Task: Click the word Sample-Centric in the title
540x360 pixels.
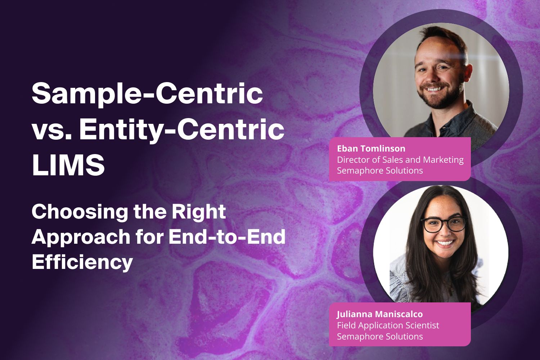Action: [x=147, y=93]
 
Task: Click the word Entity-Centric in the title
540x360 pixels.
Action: [x=182, y=129]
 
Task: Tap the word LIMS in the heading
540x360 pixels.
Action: [x=68, y=165]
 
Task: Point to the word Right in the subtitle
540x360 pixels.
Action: [x=198, y=212]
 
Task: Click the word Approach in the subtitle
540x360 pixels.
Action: [x=81, y=237]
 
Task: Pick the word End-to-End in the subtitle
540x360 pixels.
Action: [x=227, y=237]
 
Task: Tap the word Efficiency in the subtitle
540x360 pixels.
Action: [x=82, y=262]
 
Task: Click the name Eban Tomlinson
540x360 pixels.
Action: [x=371, y=148]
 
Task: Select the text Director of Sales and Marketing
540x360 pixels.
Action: [x=400, y=159]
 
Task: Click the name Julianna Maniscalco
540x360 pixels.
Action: [x=379, y=314]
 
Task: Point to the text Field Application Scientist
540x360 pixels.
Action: [x=388, y=325]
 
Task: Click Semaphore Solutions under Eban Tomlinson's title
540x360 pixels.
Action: [x=380, y=171]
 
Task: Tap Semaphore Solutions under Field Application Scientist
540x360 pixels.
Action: [x=380, y=337]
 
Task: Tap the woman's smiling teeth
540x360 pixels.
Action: [x=445, y=243]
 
